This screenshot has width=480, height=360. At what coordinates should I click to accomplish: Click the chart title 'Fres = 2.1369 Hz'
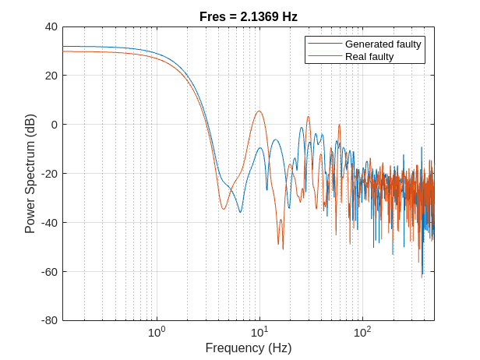pyautogui.click(x=249, y=16)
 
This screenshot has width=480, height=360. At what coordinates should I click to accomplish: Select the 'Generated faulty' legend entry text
pyautogui.click(x=383, y=44)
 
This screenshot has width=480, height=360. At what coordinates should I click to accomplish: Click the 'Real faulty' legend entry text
pyautogui.click(x=369, y=56)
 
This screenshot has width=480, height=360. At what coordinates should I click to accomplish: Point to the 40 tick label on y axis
pyautogui.click(x=51, y=26)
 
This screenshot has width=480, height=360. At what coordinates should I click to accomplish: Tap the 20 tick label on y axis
pyautogui.click(x=51, y=76)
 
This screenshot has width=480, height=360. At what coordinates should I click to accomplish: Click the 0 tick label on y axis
pyautogui.click(x=54, y=125)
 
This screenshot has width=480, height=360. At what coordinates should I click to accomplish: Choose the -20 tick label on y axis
pyautogui.click(x=49, y=174)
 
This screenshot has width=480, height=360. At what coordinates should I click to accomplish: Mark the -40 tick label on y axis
pyautogui.click(x=49, y=223)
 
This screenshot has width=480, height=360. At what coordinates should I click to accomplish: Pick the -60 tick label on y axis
pyautogui.click(x=49, y=272)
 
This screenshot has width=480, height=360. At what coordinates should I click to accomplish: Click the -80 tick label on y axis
pyautogui.click(x=49, y=320)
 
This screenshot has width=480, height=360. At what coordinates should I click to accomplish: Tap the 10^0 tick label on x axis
pyautogui.click(x=157, y=333)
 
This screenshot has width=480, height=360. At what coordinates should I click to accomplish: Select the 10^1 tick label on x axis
pyautogui.click(x=259, y=333)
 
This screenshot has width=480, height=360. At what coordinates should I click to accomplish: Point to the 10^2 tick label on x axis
pyautogui.click(x=362, y=333)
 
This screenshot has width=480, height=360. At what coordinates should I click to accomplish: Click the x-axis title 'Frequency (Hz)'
pyautogui.click(x=249, y=348)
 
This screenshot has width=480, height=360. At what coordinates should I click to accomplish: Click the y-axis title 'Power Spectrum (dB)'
pyautogui.click(x=30, y=174)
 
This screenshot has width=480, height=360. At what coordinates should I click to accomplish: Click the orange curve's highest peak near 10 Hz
pyautogui.click(x=259, y=111)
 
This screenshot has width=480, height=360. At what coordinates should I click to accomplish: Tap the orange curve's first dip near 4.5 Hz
pyautogui.click(x=224, y=209)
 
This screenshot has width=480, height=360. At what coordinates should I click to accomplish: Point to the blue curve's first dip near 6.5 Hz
pyautogui.click(x=240, y=212)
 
